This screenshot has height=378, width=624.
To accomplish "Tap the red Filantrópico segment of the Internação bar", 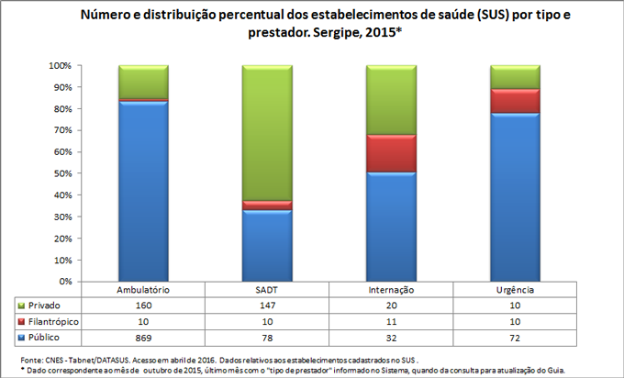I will pyautogui.click(x=391, y=153).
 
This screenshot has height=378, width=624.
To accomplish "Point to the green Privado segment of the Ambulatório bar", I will pyautogui.click(x=143, y=82).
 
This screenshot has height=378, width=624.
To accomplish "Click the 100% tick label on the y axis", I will pyautogui.click(x=60, y=66).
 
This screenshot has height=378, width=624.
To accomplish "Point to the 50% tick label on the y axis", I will pyautogui.click(x=61, y=173).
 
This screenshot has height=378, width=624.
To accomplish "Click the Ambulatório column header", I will pyautogui.click(x=143, y=289).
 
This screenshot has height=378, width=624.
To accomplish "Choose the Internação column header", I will pyautogui.click(x=391, y=289).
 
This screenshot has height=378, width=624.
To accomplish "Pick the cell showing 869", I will pyautogui.click(x=143, y=338).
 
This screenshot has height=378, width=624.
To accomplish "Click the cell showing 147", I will pyautogui.click(x=267, y=305).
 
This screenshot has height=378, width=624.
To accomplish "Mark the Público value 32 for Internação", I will pyautogui.click(x=391, y=338).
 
